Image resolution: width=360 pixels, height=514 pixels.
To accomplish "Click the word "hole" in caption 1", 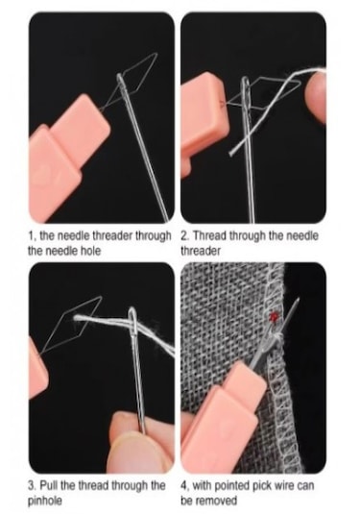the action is pos(90,251).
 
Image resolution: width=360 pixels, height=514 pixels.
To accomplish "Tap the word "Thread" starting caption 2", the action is pos(209,235).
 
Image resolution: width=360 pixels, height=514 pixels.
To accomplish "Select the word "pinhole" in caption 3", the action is pos(45,502).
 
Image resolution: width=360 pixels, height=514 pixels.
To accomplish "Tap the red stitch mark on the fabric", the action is pos(274,316).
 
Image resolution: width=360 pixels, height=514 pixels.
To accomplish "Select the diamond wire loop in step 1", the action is pos(136,74).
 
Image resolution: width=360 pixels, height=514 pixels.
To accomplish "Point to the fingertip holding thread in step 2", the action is pos(315,97).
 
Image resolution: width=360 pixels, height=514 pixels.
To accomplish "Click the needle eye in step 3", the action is pos(132,321).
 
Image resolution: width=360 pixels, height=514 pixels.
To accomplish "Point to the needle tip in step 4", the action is pos(298,300).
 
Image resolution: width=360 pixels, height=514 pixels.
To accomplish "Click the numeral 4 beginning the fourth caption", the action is pos(183,485).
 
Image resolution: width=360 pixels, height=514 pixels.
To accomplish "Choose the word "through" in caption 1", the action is pos(154,235).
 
